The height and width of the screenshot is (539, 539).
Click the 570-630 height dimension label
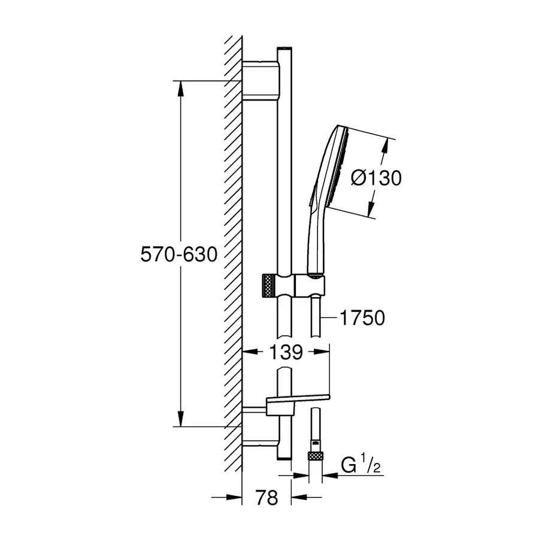[x=178, y=255]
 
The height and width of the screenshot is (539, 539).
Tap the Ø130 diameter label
[x=376, y=178]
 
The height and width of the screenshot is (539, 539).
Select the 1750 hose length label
[x=362, y=317]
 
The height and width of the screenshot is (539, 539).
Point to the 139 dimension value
[x=286, y=352]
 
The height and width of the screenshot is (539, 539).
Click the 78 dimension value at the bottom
[x=267, y=498]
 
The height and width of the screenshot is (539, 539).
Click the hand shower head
[x=335, y=168]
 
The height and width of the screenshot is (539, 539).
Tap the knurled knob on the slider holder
[x=268, y=285]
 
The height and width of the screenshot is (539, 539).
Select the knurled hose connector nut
[x=316, y=456]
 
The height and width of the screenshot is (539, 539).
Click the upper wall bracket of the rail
[x=261, y=81]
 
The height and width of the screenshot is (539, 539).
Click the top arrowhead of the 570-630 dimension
[x=181, y=89]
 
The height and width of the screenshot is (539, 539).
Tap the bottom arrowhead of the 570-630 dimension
[x=181, y=419]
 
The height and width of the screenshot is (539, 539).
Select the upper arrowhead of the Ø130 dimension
[x=385, y=147]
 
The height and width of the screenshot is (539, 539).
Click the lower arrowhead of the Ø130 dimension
[x=370, y=210]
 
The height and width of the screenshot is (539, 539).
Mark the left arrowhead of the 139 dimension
[x=250, y=352]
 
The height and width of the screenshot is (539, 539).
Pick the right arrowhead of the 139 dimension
[x=322, y=352]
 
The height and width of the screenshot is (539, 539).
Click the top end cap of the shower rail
[x=284, y=49]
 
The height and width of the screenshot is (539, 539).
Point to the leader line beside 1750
[x=329, y=317]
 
